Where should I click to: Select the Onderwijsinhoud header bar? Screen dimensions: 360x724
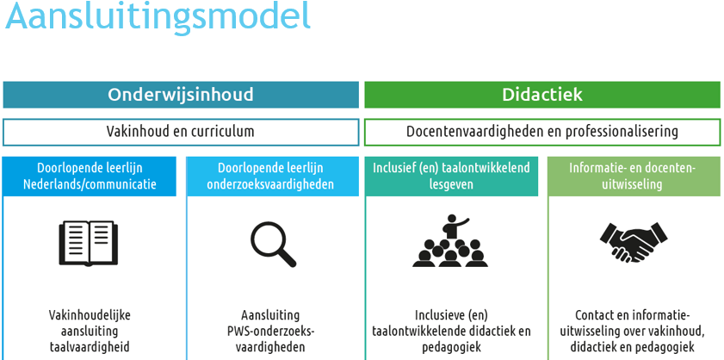tap(181, 95)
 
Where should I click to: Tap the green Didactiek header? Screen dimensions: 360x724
tap(542, 95)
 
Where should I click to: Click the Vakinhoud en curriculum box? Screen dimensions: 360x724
tap(181, 132)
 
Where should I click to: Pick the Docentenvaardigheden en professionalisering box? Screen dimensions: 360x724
tap(542, 132)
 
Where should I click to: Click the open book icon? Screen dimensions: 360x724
tap(89, 244)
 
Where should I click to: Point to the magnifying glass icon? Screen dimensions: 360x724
tap(272, 244)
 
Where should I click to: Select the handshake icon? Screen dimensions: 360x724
tap(633, 243)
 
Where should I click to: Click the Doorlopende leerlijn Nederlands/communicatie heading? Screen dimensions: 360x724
tap(90, 176)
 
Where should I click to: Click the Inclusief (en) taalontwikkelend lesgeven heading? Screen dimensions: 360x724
tap(451, 176)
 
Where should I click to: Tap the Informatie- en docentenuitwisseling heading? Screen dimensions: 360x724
tap(633, 176)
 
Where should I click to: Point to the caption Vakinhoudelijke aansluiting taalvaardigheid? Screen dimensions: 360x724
tap(90, 331)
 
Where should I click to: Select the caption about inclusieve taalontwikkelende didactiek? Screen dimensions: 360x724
tap(451, 331)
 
